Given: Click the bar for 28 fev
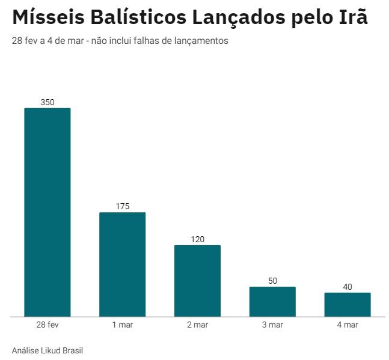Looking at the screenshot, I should click(x=47, y=212).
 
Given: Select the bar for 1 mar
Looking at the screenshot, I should click(x=123, y=264).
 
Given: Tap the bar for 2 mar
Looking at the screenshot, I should click(x=197, y=280).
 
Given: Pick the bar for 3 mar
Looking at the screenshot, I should click(x=272, y=301).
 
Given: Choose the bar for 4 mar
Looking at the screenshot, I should click(x=348, y=304).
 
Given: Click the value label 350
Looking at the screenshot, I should click(x=47, y=102).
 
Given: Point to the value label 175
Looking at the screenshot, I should click(x=123, y=206).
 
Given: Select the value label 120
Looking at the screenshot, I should click(x=197, y=239).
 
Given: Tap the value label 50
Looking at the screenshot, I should click(x=272, y=281).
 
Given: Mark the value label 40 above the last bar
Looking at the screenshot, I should click(x=348, y=287).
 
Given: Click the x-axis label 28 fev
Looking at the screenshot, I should click(x=47, y=325).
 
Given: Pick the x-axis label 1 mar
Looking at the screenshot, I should click(x=123, y=325).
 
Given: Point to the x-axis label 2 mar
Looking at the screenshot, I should click(x=197, y=325).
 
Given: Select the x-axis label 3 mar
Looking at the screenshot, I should click(x=272, y=325).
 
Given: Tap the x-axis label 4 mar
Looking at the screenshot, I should click(x=348, y=325).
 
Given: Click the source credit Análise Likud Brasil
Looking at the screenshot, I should click(x=47, y=350).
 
